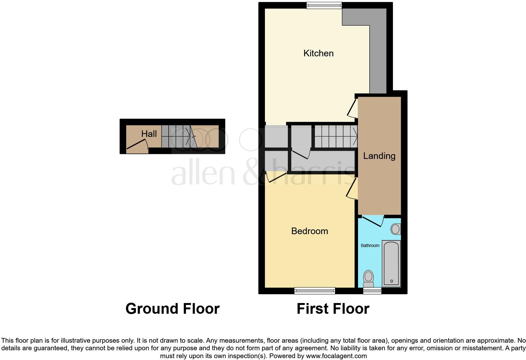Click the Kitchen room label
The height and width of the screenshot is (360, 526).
(318, 53)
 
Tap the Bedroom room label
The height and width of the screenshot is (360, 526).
(310, 231)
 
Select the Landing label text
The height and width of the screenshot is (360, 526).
(379, 156)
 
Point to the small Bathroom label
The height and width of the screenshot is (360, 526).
(370, 245)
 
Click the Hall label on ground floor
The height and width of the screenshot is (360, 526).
(149, 134)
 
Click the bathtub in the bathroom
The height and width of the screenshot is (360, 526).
(391, 263)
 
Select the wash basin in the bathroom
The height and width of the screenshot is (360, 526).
(395, 229)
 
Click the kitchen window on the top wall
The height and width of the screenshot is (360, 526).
(324, 5)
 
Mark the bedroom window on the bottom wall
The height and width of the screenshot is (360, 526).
(315, 291)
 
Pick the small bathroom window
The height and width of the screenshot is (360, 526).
(372, 291)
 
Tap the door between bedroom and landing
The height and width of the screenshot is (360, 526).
(352, 188)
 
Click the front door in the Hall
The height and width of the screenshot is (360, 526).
(137, 145)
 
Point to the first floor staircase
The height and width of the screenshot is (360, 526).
(336, 136)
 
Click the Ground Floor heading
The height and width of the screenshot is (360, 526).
(172, 309)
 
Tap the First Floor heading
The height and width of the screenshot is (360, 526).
(333, 309)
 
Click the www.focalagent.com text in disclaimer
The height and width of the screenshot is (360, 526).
(336, 356)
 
